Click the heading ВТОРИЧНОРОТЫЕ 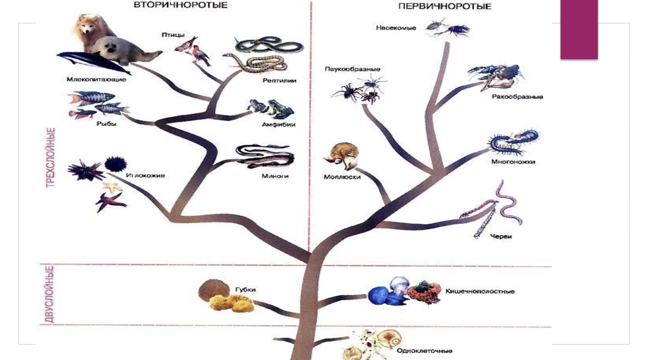[x=180, y=5]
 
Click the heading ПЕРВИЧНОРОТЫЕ [x=445, y=7]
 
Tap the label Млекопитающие [x=96, y=79]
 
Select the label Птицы [x=173, y=35]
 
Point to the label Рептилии [x=279, y=81]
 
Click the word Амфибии [x=278, y=125]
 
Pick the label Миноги [x=275, y=176]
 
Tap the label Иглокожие [x=145, y=175]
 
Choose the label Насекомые [x=396, y=28]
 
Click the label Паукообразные [x=352, y=69]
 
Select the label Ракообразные [x=517, y=97]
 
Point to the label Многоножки [x=513, y=161]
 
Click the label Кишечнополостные [x=480, y=291]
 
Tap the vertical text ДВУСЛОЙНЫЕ [x=50, y=294]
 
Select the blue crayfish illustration [x=496, y=76]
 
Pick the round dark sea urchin [x=115, y=164]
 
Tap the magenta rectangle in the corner [x=579, y=29]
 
